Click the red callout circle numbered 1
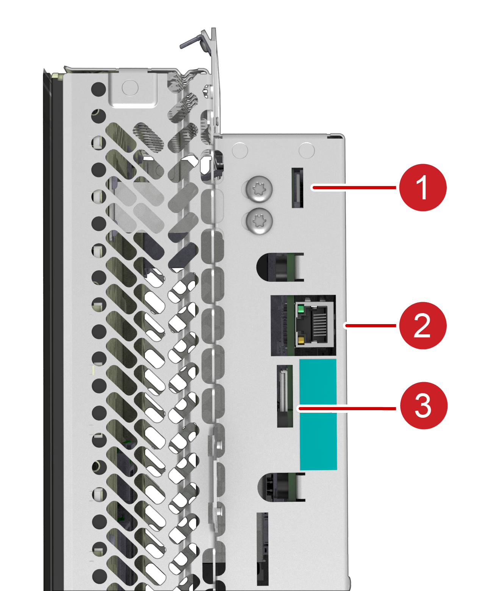pyautogui.click(x=422, y=187)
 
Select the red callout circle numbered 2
pyautogui.click(x=422, y=326)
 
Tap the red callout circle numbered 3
pyautogui.click(x=424, y=405)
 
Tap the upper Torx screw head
pyautogui.click(x=259, y=189)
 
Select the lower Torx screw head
pyautogui.click(x=259, y=221)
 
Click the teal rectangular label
pyautogui.click(x=318, y=414)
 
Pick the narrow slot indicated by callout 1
pyautogui.click(x=297, y=188)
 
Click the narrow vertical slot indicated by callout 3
pyautogui.click(x=285, y=396)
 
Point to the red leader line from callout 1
pyautogui.click(x=354, y=187)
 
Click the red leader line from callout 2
pyautogui.click(x=371, y=326)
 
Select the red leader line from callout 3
pyautogui.click(x=347, y=408)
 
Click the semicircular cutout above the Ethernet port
pyautogui.click(x=280, y=267)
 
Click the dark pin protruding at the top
pyautogui.click(x=191, y=42)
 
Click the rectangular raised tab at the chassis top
pyautogui.click(x=133, y=89)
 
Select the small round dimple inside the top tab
pyautogui.click(x=130, y=88)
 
